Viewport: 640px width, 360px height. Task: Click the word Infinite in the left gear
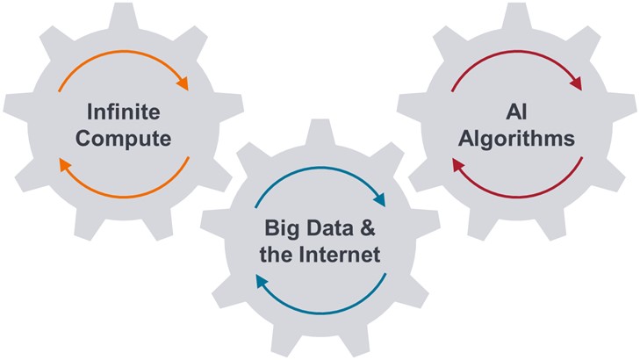pos(123,112)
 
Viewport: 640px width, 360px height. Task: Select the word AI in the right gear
pos(518,112)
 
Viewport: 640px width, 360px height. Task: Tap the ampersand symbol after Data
pos(368,229)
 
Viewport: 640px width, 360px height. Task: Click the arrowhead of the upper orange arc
pos(183,84)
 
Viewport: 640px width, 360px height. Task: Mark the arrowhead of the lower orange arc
pos(63,164)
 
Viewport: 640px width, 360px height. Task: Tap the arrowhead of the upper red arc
pos(576,84)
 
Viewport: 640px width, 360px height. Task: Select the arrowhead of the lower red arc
pos(457,164)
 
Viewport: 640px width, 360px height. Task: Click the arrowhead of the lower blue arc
pos(261,283)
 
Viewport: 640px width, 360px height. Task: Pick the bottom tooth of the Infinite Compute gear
pos(123,231)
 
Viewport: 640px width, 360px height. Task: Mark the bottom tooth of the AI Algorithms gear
pos(518,231)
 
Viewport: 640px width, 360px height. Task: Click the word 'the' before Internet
pos(281,256)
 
